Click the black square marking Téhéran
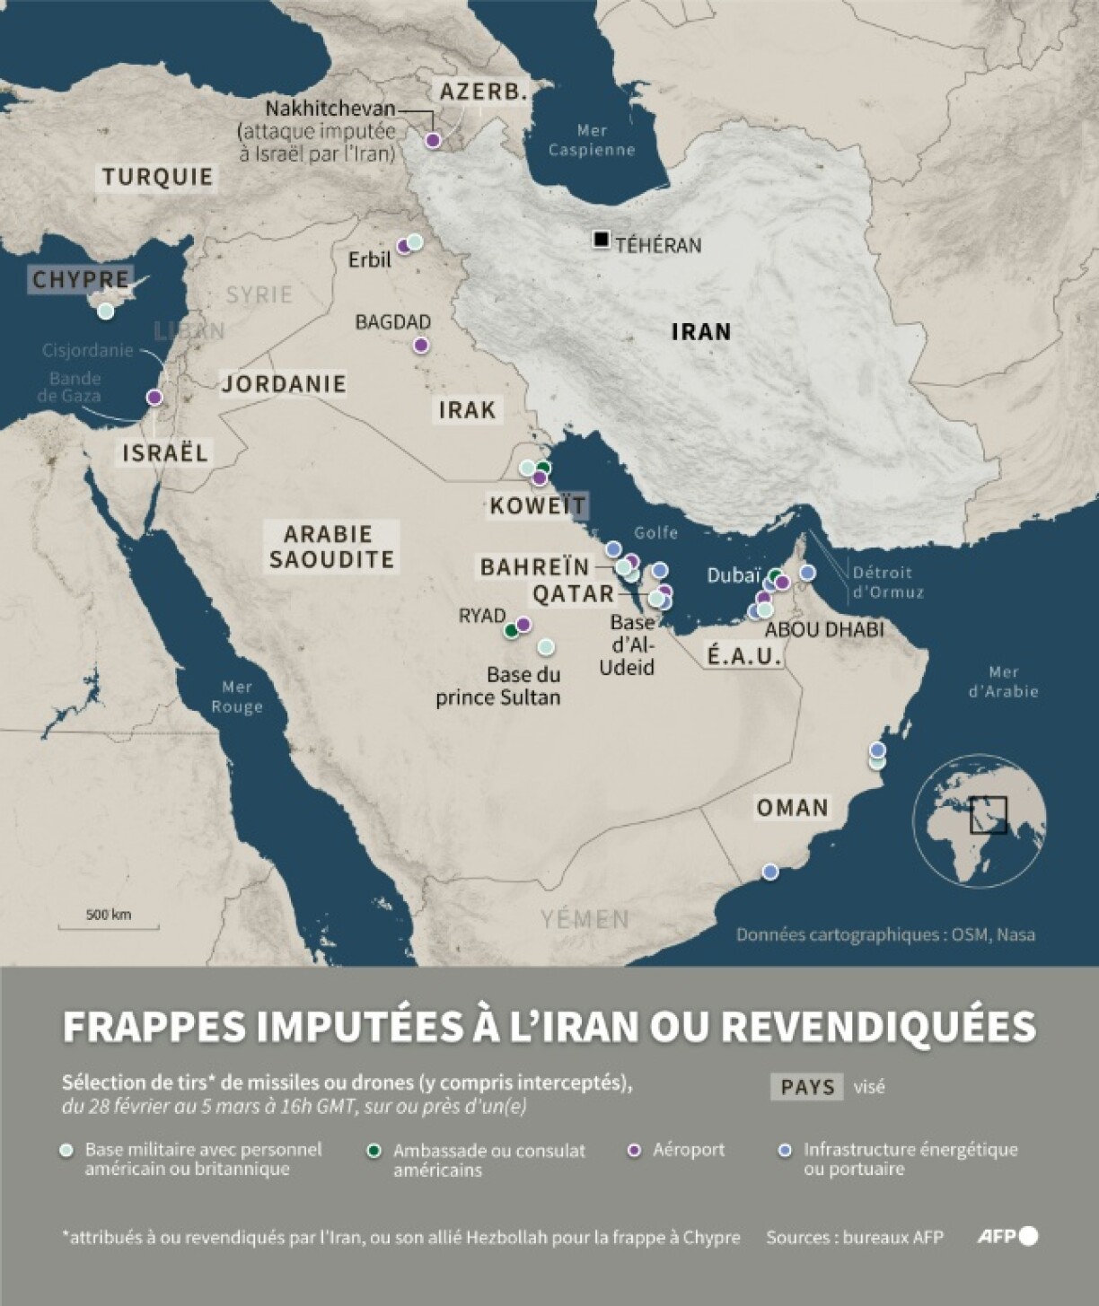pos(601,240)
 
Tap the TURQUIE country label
pos(157,177)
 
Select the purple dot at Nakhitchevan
pos(433,140)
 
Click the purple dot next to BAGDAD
pos(420,346)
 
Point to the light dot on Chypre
pos(106,311)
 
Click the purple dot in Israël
pos(154,397)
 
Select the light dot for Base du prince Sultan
pos(545,647)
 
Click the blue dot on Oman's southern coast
pos(769,872)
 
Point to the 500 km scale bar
pos(109,925)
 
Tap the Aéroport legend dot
pos(634,1150)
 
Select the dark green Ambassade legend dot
pos(374,1151)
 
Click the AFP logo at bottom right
pos(1007,1237)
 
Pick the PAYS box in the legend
pos(806,1087)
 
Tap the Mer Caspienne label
pos(592,141)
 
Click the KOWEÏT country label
pos(537,505)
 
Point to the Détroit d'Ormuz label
pos(887,583)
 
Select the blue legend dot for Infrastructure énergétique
pos(785,1150)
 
